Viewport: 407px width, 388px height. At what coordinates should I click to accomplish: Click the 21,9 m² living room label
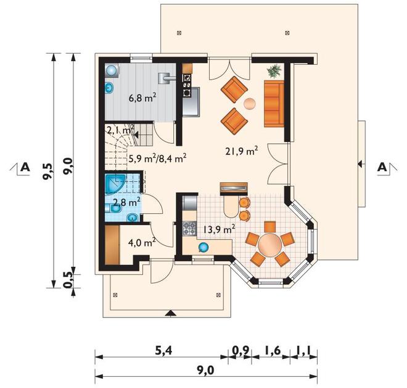coord(241,151)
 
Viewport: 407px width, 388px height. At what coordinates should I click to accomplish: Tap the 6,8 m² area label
coord(142,98)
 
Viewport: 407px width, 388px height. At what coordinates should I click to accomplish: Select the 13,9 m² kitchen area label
coord(220,229)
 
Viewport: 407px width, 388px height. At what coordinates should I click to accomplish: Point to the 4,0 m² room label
coord(142,243)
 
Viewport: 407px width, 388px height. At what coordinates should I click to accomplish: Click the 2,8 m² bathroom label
coord(127,202)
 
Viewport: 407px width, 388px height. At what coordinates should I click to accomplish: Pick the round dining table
coord(270,245)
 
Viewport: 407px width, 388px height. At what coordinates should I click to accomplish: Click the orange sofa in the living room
coord(274,104)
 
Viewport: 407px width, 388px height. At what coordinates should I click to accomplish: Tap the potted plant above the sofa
coord(274,70)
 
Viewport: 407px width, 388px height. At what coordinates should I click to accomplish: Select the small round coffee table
coord(250,104)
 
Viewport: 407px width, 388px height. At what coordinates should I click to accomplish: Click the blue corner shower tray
coord(114,183)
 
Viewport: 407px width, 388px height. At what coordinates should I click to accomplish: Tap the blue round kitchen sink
coord(203,247)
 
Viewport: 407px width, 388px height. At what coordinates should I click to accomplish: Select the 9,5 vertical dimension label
coord(48,172)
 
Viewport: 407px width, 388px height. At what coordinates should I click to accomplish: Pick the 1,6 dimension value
coord(273,351)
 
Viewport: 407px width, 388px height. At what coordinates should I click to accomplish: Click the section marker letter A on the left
coord(25,167)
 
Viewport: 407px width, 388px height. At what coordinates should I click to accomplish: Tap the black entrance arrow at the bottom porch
coord(171,313)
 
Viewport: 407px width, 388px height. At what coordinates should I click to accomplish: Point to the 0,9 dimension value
coord(240,351)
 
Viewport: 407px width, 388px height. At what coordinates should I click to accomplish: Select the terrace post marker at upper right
coord(287,33)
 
